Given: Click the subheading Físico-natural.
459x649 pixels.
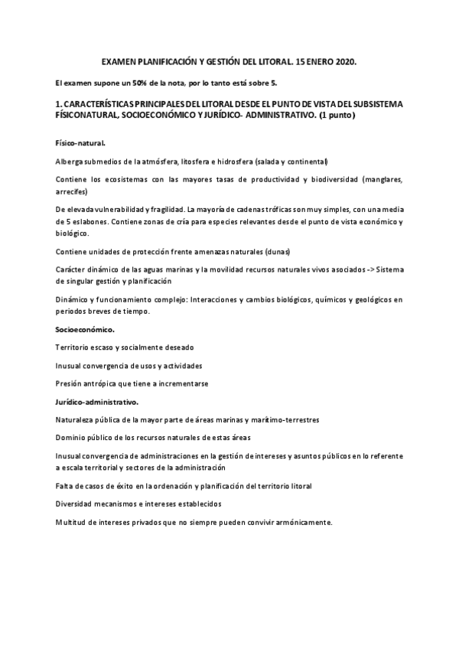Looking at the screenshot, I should coord(80,143).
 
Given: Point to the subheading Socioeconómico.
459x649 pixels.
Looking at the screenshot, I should coord(85,329).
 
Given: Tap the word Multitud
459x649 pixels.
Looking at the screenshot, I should coord(71,522).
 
